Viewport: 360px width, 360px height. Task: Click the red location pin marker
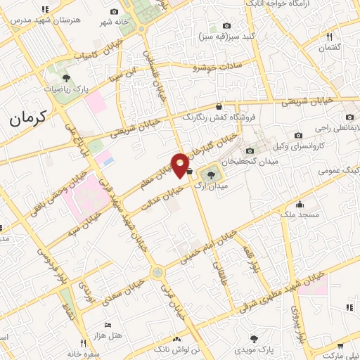(181, 165)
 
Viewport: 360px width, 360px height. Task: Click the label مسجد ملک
(300, 213)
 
